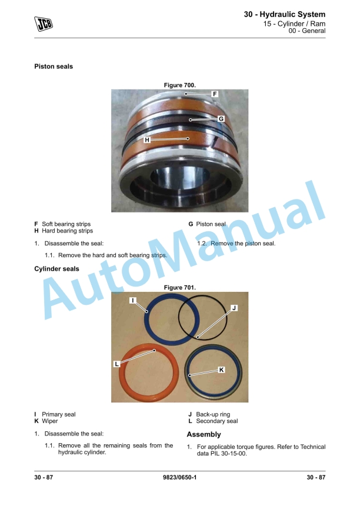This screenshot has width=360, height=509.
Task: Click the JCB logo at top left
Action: coord(44,24)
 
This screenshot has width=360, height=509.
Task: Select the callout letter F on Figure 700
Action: coord(215,94)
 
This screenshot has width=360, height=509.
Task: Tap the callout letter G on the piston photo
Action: coord(221,119)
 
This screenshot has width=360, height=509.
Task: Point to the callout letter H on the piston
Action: coord(147,140)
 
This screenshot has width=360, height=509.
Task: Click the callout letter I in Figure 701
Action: coord(132,300)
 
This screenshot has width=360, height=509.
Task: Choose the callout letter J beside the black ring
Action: coord(234,308)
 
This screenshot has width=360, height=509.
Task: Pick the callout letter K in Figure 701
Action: coord(221,370)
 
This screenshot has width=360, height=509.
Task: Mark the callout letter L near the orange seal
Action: coord(117,364)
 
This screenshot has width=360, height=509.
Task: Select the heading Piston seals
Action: coord(54,66)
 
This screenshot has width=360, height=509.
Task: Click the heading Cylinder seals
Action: coord(56,269)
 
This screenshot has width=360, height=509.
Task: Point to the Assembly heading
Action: coord(204,434)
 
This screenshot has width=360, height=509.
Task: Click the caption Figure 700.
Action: coord(180,85)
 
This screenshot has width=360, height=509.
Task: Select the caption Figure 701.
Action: coord(180,288)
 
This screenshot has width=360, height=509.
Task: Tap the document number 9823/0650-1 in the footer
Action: coord(179,477)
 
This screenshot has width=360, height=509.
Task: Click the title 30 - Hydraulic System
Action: coord(285,14)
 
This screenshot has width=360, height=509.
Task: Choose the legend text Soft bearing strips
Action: coord(66,224)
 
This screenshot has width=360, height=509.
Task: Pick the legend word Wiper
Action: coord(49,421)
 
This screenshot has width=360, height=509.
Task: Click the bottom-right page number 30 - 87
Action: coord(316,477)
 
